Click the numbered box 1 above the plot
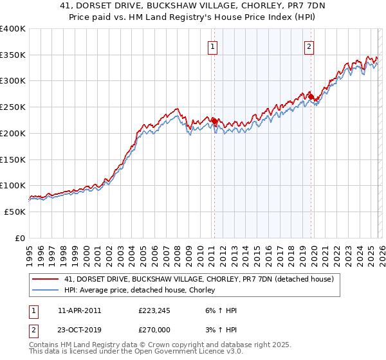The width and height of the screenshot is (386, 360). click(x=212, y=46)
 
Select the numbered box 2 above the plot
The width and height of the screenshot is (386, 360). click(x=309, y=46)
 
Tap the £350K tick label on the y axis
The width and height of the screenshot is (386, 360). click(x=13, y=55)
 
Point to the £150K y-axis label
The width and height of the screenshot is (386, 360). click(x=13, y=159)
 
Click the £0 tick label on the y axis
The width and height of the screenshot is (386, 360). click(x=20, y=238)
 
